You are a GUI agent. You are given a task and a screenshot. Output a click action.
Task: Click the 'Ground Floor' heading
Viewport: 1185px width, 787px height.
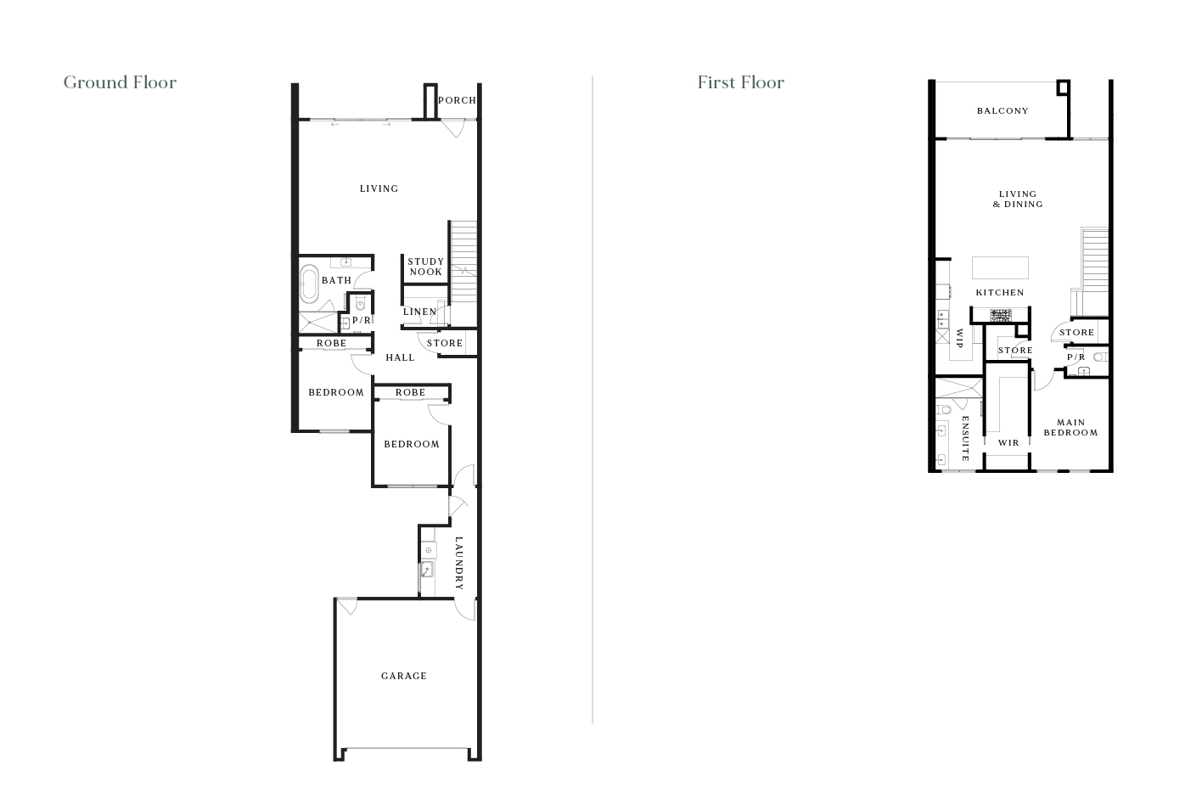tap(120, 82)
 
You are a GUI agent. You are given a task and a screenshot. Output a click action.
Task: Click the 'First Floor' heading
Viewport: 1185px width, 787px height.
tap(740, 82)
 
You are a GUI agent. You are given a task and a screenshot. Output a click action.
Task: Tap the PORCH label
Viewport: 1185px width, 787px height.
tap(457, 100)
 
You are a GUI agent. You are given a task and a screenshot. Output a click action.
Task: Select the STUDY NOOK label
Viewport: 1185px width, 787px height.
tap(426, 267)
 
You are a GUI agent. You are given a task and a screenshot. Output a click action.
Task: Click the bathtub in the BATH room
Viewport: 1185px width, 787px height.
tap(310, 284)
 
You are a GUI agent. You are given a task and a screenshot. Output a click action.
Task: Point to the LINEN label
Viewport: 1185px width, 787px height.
tap(420, 312)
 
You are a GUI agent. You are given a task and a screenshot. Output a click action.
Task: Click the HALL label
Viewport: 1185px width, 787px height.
tap(400, 357)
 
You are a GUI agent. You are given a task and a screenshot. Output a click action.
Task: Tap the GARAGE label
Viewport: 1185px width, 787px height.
tap(404, 676)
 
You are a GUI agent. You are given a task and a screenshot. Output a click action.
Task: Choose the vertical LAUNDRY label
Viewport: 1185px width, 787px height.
tap(458, 563)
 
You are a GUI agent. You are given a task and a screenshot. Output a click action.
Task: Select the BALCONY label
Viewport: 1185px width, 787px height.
tap(1002, 110)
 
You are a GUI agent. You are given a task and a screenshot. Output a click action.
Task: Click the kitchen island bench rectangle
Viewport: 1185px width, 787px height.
tap(1000, 267)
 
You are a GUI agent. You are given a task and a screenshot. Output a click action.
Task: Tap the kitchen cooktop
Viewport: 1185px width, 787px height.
tap(1000, 316)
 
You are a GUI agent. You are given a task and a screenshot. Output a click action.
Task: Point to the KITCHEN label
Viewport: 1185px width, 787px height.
tap(1000, 293)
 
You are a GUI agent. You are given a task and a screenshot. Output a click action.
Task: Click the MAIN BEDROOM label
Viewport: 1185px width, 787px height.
tap(1070, 428)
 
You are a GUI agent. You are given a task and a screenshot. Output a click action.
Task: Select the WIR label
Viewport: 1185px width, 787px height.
tap(1008, 443)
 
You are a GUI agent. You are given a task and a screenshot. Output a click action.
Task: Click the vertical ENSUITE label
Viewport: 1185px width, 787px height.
tap(965, 439)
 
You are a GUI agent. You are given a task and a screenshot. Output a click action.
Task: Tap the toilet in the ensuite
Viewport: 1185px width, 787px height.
tap(944, 410)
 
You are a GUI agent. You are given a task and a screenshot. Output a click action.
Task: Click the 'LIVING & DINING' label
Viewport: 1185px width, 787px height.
tap(1018, 199)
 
